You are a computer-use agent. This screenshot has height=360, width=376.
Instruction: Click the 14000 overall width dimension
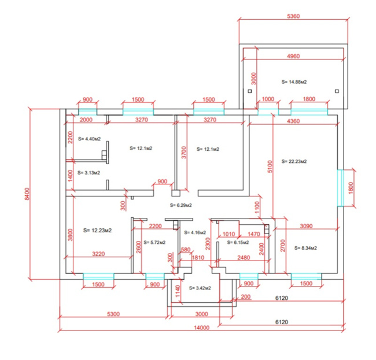coord(202,328)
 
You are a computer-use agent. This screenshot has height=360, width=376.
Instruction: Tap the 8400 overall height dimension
coord(27,194)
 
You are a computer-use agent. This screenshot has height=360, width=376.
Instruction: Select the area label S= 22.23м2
coord(294,161)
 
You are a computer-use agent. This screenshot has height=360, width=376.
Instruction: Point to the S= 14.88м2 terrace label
coord(294,82)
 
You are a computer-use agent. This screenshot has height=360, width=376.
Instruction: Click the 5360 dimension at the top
coord(293,16)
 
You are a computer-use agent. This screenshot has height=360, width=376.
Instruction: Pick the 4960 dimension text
coord(293,56)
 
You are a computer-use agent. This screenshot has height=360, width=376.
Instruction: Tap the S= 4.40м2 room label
coord(90,139)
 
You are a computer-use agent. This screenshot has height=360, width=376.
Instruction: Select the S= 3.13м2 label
coord(89,173)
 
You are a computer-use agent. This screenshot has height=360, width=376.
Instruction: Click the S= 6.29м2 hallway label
coord(181,205)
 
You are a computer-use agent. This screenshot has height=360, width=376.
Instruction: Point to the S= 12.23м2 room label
coord(97,231)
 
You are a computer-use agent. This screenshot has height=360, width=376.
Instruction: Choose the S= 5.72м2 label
coord(154,242)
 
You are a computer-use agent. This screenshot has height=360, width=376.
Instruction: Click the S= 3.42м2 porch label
coord(200,288)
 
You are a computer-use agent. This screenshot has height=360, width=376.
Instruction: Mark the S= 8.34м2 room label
coord(305,248)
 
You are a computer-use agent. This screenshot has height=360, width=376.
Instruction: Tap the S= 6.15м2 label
coord(238,242)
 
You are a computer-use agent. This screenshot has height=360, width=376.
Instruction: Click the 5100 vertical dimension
coord(270,166)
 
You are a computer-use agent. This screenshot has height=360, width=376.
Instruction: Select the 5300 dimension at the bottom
coord(113,314)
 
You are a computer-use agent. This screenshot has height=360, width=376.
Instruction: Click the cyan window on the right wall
coord(340,188)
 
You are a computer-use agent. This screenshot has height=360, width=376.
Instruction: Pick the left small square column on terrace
coord(250,91)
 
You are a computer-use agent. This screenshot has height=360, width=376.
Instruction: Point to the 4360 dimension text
coord(293,121)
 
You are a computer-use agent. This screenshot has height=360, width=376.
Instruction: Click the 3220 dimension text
coord(98,254)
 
